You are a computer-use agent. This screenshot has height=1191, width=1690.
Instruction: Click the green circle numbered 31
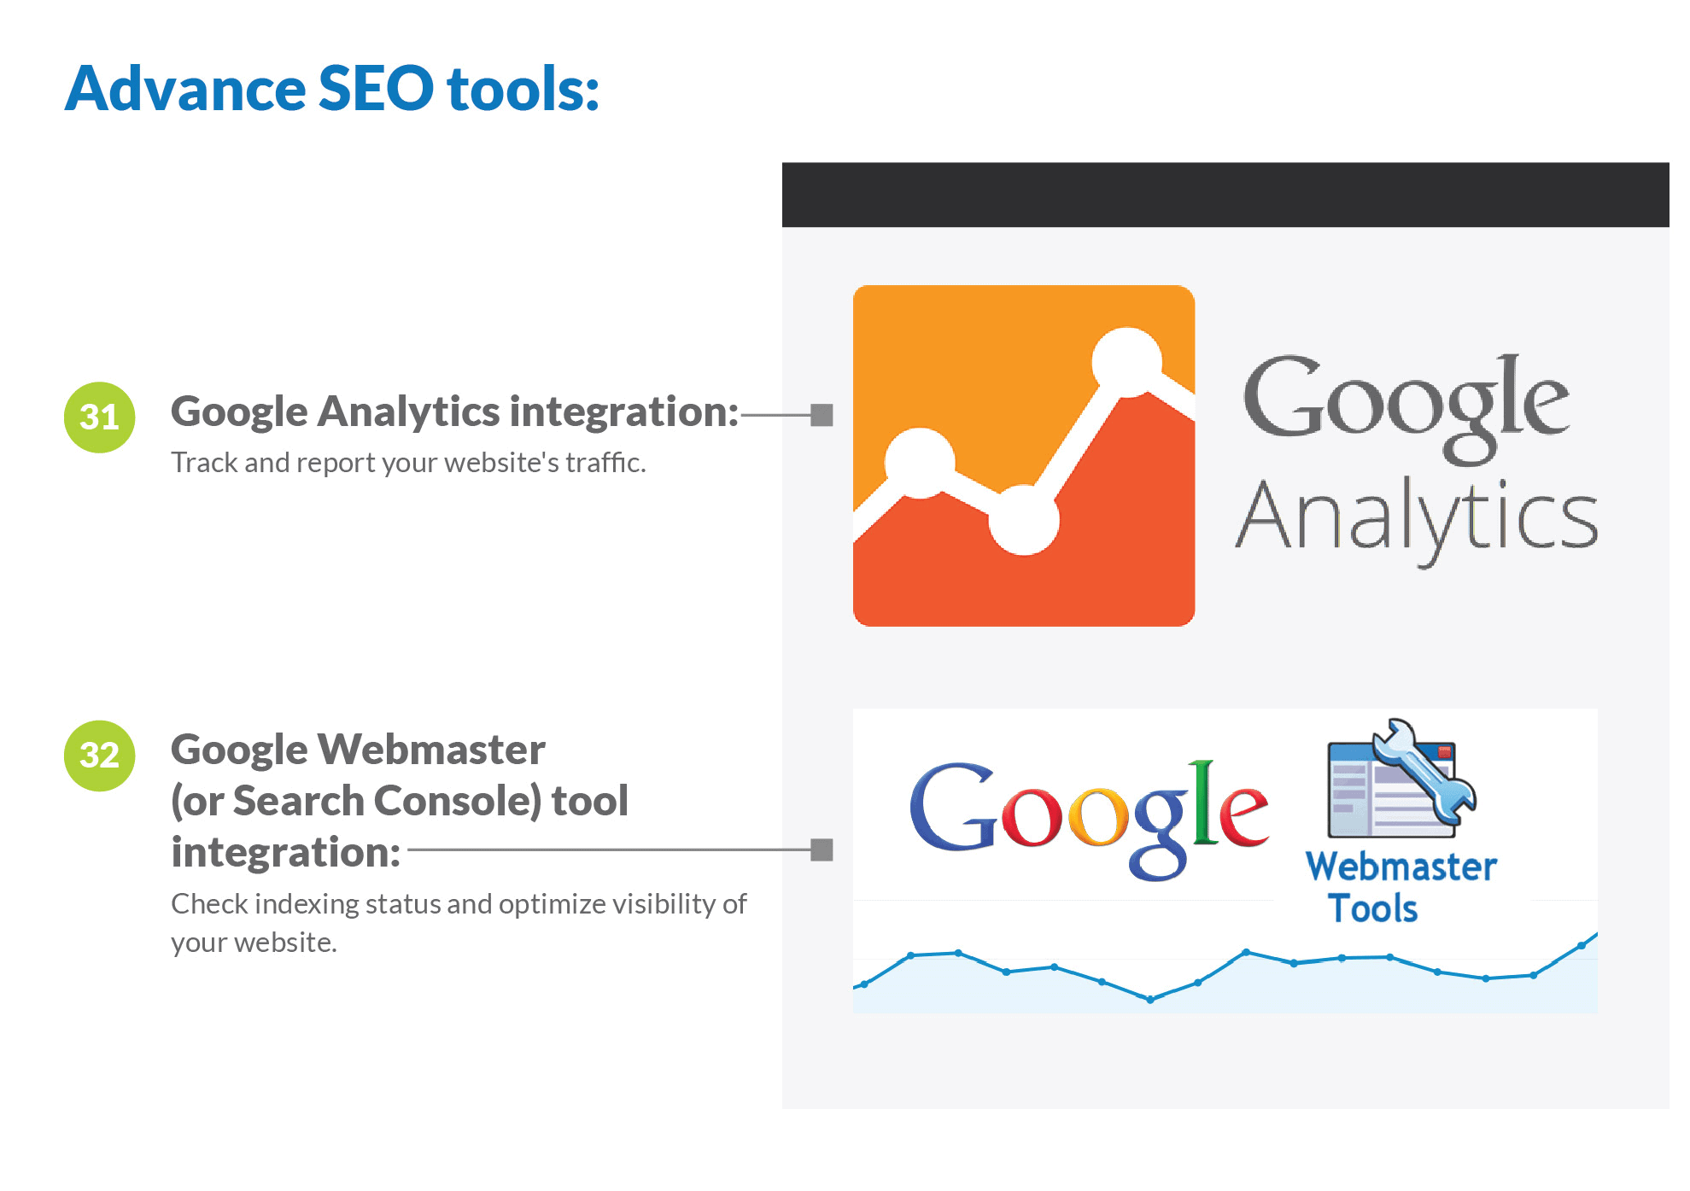[100, 417]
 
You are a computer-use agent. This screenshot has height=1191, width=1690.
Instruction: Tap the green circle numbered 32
[100, 756]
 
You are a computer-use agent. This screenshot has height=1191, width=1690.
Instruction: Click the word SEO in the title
[376, 88]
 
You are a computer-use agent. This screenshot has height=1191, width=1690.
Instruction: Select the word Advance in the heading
[185, 88]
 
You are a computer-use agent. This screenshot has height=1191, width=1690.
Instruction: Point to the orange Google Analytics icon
[1024, 456]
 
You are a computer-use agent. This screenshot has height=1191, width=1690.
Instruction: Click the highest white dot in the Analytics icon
[1127, 362]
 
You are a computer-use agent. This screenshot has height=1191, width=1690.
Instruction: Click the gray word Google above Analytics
[1406, 409]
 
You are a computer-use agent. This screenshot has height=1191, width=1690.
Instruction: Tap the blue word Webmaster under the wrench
[1401, 867]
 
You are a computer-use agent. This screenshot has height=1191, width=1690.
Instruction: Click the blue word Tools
[1373, 908]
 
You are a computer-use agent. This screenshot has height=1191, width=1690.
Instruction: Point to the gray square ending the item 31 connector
[822, 415]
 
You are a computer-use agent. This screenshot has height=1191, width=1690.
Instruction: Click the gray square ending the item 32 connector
[822, 849]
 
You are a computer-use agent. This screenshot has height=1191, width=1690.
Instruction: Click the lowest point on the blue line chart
[1150, 999]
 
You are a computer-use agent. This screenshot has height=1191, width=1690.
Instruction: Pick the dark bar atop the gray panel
[1225, 195]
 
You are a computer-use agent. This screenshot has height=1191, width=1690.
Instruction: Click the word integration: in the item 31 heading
[624, 412]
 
